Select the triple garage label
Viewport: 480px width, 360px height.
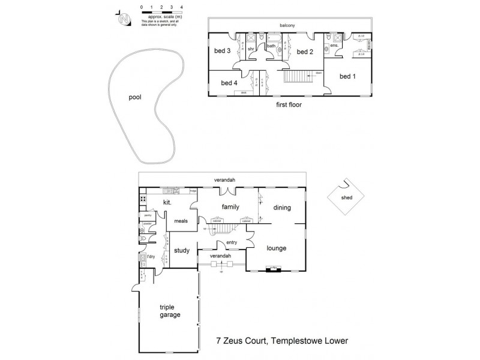click(x=170, y=310)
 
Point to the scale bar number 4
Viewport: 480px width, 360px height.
click(x=181, y=7)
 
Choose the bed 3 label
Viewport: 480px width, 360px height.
click(x=223, y=51)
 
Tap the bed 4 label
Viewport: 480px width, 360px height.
click(x=229, y=83)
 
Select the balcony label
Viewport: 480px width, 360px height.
click(x=290, y=25)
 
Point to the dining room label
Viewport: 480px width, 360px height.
click(x=282, y=208)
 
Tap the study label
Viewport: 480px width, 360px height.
click(x=182, y=251)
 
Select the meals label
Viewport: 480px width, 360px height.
click(x=181, y=221)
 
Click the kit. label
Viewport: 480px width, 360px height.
click(x=168, y=203)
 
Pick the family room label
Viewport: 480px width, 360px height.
click(x=230, y=207)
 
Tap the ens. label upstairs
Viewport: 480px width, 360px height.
click(x=335, y=46)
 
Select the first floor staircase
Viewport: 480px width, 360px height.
click(x=296, y=77)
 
